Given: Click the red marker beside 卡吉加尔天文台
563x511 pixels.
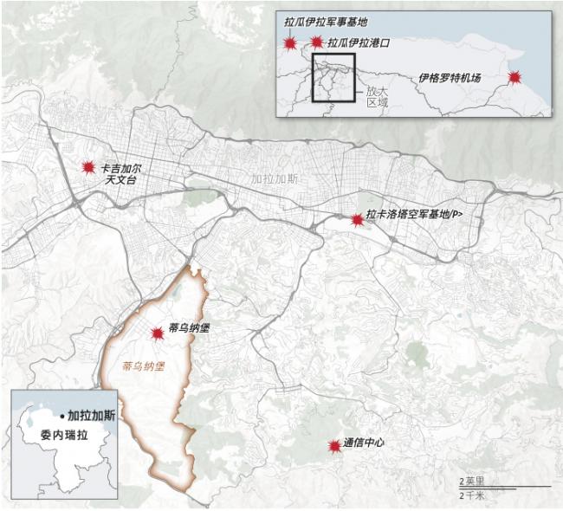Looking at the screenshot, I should coord(87,167).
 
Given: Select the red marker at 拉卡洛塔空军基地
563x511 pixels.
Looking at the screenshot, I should coord(357,221).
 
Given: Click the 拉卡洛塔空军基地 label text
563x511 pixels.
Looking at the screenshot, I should coord(414,215).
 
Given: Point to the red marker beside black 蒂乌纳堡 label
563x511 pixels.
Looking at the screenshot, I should coord(158,333).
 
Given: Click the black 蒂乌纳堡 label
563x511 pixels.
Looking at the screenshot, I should coord(190,329).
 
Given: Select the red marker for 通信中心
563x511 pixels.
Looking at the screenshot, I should coord(333,446).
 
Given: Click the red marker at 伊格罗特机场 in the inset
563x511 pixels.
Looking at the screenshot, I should coord(514,78).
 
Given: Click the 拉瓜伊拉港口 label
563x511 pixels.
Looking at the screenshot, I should coord(357,42).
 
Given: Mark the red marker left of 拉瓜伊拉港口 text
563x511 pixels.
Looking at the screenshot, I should coord(316,42).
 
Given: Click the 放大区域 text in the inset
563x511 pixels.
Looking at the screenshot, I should coord(376,94).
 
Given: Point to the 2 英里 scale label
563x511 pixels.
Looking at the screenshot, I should coord(473,481).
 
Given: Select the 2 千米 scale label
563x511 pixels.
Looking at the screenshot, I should coord(473,495).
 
